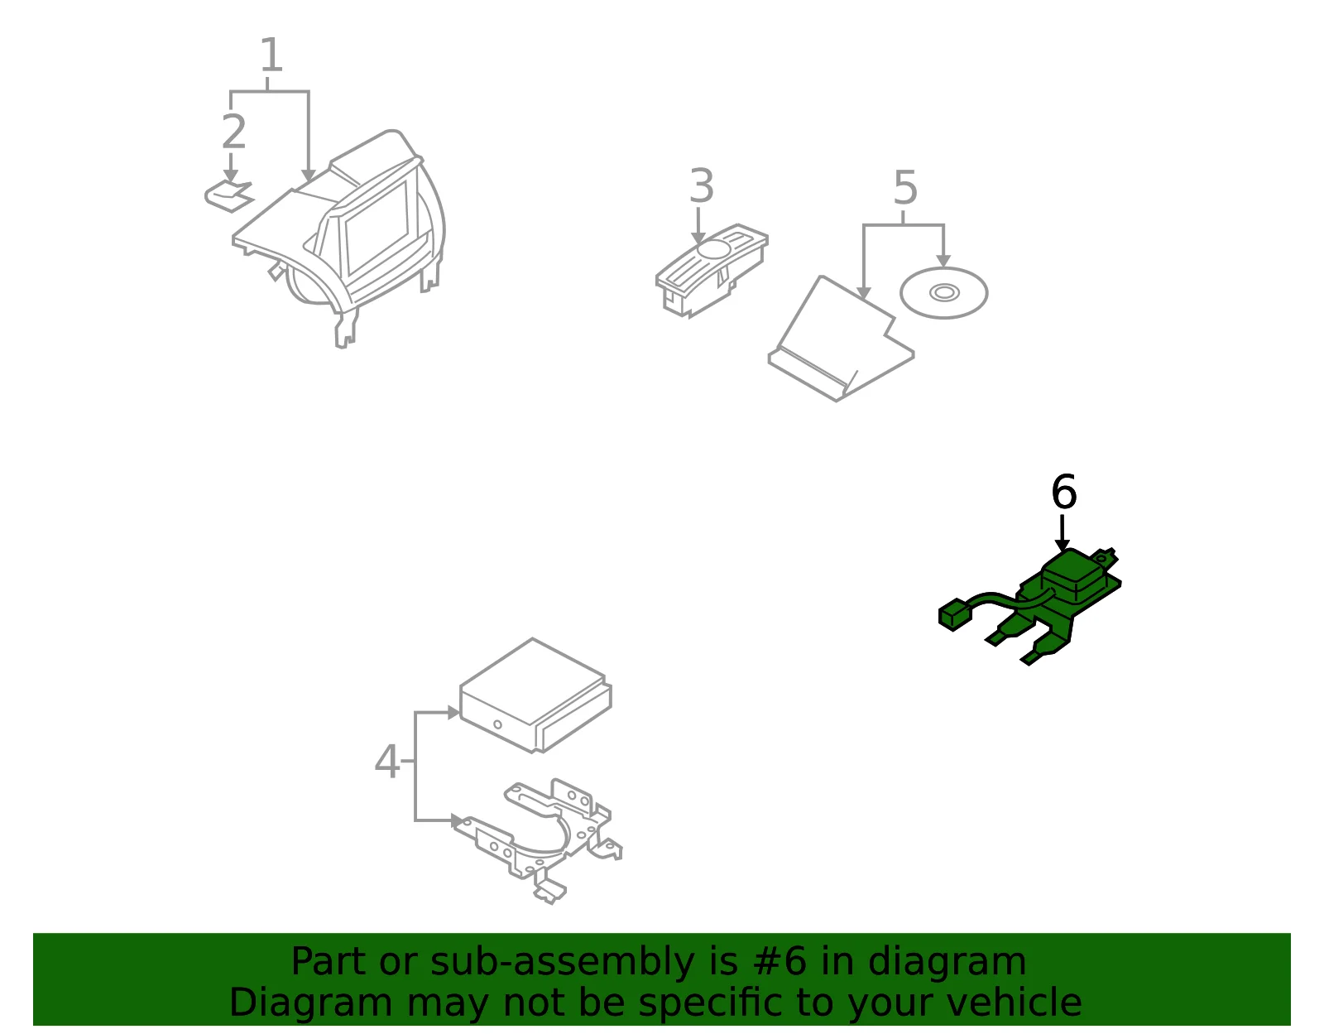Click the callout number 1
click(x=271, y=55)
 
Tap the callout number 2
click(x=234, y=131)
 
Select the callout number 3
click(x=701, y=185)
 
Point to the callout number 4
click(x=387, y=762)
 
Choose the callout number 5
click(x=905, y=188)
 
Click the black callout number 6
click(x=1064, y=492)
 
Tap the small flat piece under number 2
click(x=229, y=196)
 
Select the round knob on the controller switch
click(x=713, y=248)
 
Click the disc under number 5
click(x=944, y=293)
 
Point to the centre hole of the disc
click(x=944, y=293)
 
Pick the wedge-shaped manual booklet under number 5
click(x=841, y=339)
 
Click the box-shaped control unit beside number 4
click(x=535, y=695)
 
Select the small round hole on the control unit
click(x=497, y=724)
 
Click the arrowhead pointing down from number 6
click(x=1062, y=545)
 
